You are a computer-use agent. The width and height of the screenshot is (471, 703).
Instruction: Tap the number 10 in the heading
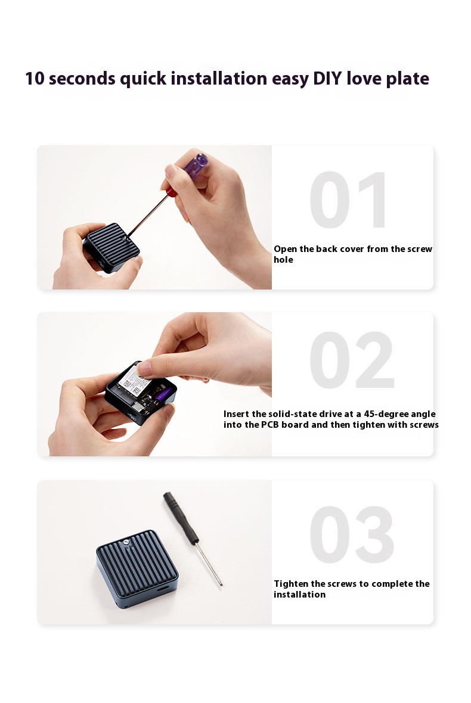[35, 79]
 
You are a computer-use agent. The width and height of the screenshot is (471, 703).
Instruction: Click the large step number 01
[348, 200]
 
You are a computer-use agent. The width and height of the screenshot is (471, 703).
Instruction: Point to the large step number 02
[352, 360]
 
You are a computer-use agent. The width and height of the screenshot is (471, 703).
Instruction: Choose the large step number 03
[352, 534]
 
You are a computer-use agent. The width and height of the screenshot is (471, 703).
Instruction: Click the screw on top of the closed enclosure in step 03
[127, 545]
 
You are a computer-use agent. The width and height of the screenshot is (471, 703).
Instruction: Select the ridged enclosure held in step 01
[111, 247]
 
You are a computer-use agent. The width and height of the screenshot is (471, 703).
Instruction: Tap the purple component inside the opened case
[162, 395]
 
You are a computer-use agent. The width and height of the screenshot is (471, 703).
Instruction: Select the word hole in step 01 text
[284, 260]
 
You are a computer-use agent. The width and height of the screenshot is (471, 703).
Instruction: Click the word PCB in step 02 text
[270, 425]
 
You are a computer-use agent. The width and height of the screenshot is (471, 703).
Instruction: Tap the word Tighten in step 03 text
[291, 584]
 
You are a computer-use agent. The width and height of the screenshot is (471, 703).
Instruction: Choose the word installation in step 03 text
[300, 595]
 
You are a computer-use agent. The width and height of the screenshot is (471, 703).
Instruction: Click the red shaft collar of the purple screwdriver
[171, 191]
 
